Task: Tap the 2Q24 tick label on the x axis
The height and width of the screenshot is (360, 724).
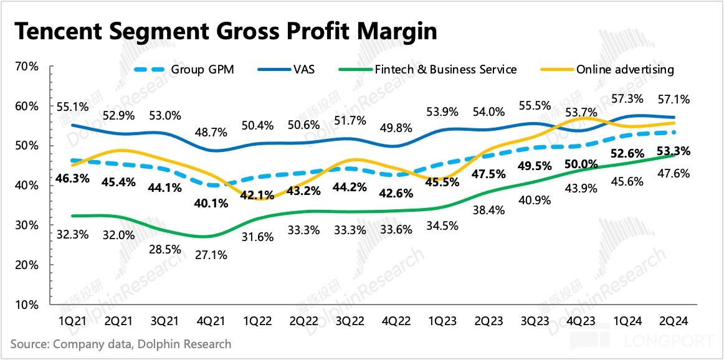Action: coord(673,321)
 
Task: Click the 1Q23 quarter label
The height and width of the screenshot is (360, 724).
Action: coord(442,321)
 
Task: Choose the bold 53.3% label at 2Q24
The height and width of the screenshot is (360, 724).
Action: coord(673,151)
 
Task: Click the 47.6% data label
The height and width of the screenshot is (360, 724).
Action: coord(673,174)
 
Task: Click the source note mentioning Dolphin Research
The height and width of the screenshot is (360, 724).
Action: coord(121,344)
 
